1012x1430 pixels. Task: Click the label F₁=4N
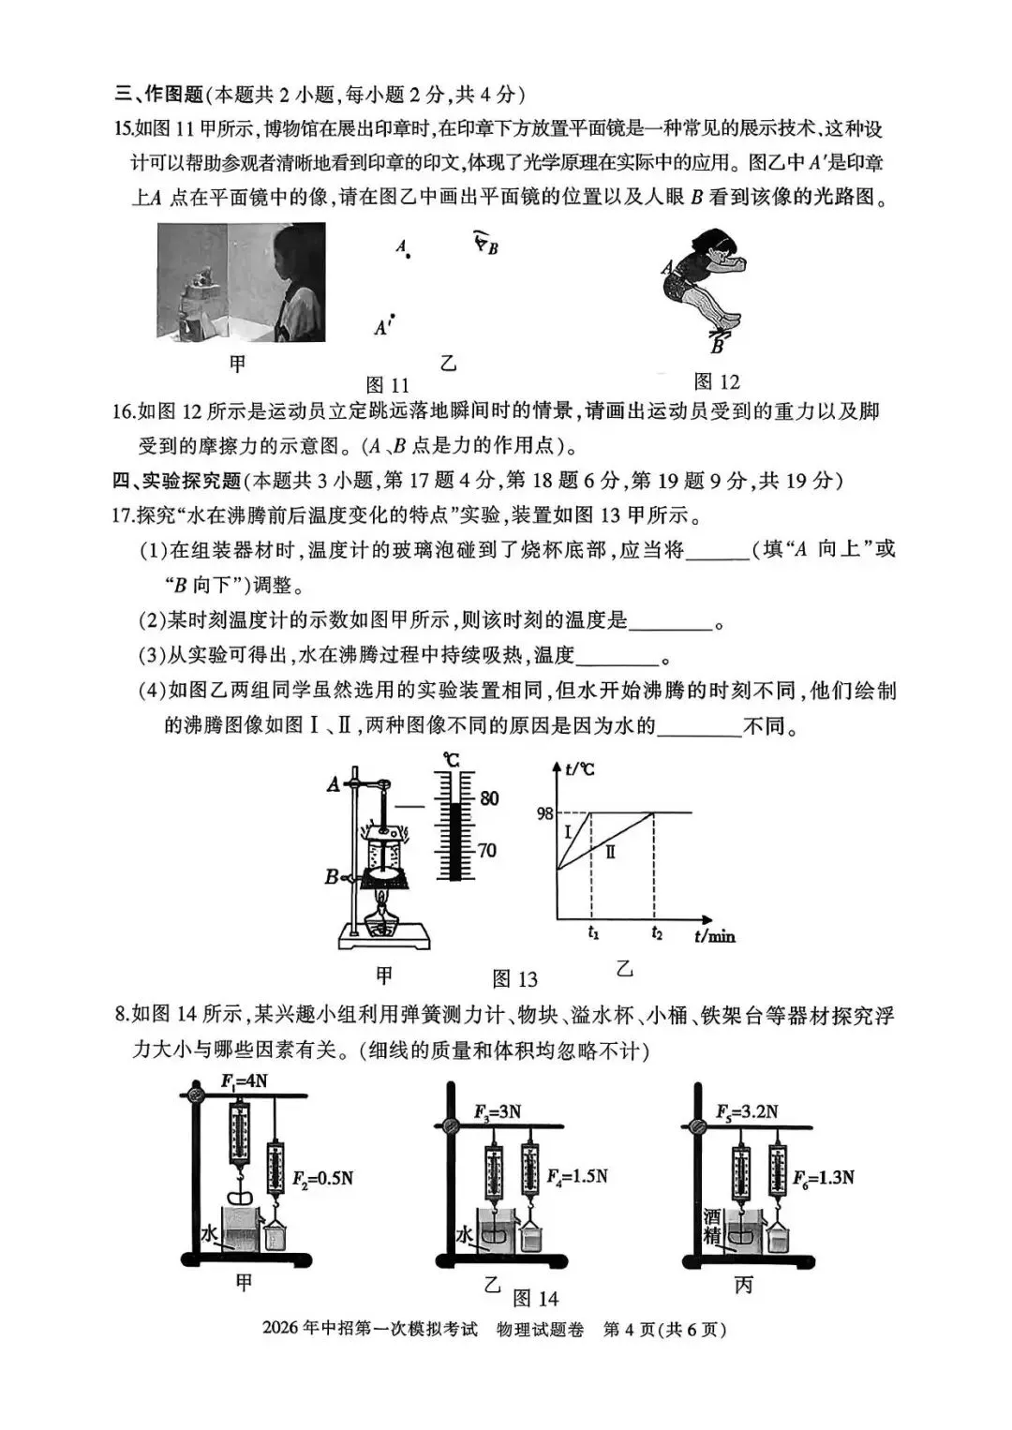coord(244,1080)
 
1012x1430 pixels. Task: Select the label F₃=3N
coord(498,1112)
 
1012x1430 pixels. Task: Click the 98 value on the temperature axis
coord(544,814)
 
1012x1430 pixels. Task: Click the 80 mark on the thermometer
coord(488,798)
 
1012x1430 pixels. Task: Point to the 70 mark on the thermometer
coord(486,850)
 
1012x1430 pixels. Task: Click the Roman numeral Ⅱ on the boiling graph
coord(610,852)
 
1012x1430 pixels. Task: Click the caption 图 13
coord(514,978)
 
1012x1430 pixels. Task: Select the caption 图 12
coord(717,381)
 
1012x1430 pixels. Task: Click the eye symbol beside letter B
coord(480,239)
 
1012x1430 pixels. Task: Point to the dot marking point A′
coord(394,316)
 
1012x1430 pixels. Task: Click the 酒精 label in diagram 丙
coord(712,1226)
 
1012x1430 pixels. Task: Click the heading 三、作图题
coord(158,95)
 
